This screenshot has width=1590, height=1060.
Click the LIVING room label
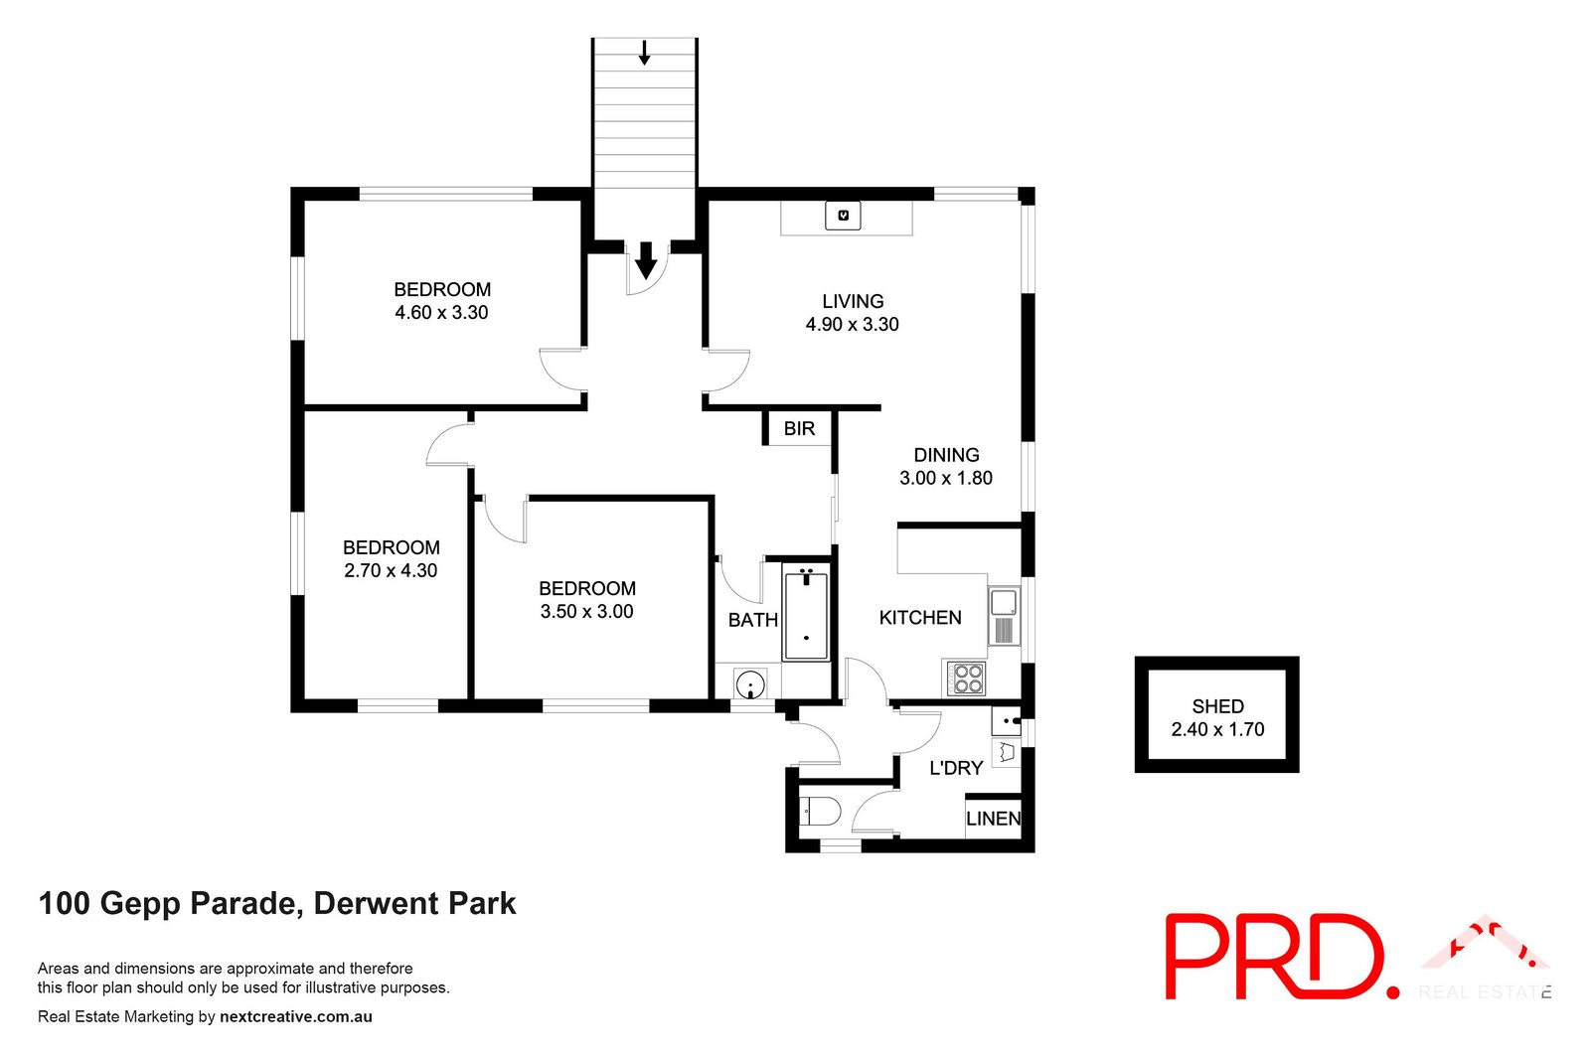pos(852,301)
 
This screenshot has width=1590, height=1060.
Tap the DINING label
pos(946,455)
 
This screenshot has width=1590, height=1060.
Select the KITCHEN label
pos(920,618)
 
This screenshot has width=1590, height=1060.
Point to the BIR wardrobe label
pos(799,428)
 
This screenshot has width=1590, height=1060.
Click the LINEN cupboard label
pos(993,819)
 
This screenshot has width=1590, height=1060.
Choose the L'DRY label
pos(956,768)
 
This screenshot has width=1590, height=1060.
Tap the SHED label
pos(1217,706)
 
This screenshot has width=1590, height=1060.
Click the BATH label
pos(752,620)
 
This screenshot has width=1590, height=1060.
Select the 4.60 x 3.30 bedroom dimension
pos(441,313)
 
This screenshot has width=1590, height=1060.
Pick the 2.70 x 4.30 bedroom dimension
pos(391,571)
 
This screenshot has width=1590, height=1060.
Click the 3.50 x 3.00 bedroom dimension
pos(586,612)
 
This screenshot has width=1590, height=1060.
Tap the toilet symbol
pos(820,812)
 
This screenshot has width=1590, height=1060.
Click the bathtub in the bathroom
pos(805,616)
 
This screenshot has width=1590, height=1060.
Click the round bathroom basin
pos(750,684)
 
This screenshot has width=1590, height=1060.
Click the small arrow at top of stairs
pos(644,53)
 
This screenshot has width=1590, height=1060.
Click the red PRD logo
pos(1282,956)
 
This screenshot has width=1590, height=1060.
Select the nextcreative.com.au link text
pos(296,1016)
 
